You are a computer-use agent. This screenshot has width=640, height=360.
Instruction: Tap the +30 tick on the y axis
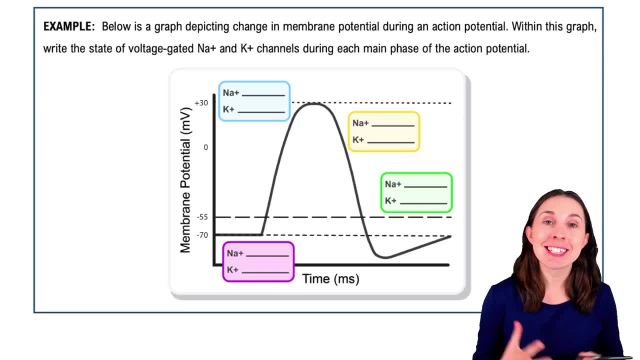(x=201, y=103)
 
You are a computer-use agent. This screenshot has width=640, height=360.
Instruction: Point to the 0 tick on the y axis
(x=205, y=147)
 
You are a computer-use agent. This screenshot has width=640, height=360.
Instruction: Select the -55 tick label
(x=202, y=217)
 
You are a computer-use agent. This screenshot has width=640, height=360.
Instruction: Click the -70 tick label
(x=202, y=235)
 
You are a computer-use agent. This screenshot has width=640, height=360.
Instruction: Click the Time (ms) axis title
(x=330, y=279)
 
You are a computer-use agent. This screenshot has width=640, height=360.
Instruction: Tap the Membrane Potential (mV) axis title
(x=185, y=180)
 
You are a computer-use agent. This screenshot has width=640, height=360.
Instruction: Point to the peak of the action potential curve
(x=313, y=103)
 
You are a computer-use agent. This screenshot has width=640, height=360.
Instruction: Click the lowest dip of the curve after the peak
(x=383, y=257)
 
